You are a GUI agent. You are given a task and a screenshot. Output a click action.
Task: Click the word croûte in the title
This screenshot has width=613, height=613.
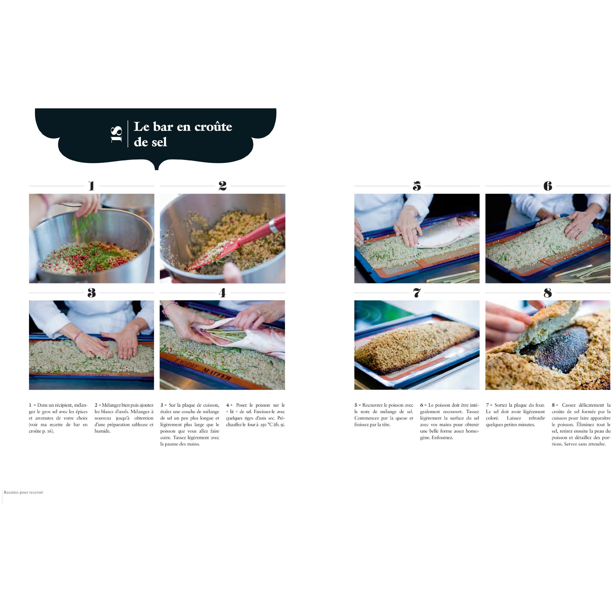pyautogui.click(x=213, y=127)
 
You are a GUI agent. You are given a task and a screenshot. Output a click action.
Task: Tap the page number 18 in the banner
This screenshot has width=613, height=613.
pyautogui.click(x=116, y=134)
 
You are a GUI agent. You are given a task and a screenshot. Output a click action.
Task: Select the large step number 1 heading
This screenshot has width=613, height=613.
pyautogui.click(x=92, y=186)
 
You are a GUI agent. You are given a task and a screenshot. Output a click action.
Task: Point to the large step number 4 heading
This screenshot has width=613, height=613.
pyautogui.click(x=222, y=293)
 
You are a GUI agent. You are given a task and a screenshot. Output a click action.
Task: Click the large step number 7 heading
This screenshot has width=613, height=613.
pyautogui.click(x=417, y=293)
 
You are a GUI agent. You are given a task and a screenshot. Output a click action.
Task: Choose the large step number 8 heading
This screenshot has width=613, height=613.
pyautogui.click(x=548, y=293)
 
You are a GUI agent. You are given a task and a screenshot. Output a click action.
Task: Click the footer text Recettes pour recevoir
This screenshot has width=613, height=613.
pyautogui.click(x=23, y=492)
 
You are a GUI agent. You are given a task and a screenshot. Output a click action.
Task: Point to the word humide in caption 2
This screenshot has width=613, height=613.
pyautogui.click(x=102, y=431)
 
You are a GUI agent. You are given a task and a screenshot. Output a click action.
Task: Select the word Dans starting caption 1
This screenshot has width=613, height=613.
pyautogui.click(x=42, y=405)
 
